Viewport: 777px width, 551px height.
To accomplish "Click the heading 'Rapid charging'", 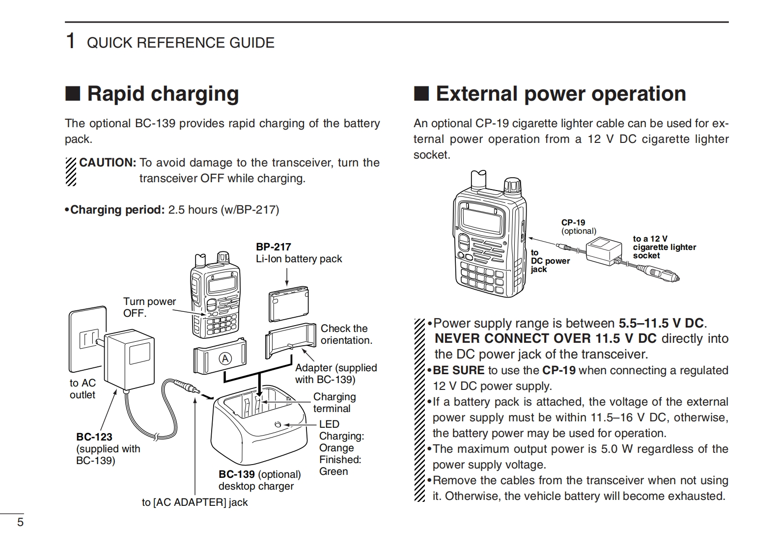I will [163, 94].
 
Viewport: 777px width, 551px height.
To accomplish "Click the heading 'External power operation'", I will [560, 94].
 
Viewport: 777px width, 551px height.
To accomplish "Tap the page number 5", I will [20, 522].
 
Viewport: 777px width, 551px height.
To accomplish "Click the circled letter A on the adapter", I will [225, 359].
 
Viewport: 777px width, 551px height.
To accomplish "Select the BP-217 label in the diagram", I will [273, 247].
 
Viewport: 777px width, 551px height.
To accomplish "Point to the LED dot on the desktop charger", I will [278, 424].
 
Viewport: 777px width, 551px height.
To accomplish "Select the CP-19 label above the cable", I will [573, 222].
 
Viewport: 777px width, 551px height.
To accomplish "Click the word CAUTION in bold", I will [107, 163].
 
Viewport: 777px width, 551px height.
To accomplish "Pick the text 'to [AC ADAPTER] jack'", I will [194, 502].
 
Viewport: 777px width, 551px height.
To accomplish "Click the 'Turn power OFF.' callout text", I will [149, 307].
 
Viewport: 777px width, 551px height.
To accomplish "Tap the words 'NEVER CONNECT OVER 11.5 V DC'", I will [545, 338].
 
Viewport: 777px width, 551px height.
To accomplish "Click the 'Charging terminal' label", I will [334, 402].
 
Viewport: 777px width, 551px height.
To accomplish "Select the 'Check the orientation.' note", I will [346, 334].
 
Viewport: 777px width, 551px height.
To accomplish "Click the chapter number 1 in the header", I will [71, 42].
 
